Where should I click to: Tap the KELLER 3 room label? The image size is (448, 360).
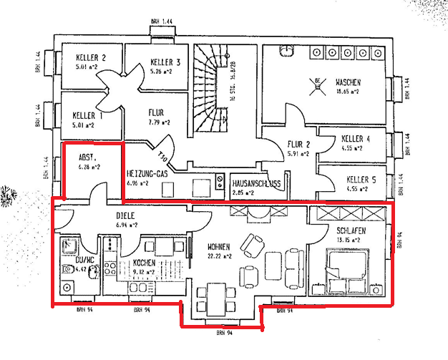coord(165,62)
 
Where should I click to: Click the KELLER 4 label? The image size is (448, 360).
coord(356,138)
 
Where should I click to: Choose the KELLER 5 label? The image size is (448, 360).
coord(356,179)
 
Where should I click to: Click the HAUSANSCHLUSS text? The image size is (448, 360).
coord(256,183)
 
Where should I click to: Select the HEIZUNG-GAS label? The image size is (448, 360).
coord(146,173)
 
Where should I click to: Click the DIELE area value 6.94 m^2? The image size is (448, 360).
coord(126,225)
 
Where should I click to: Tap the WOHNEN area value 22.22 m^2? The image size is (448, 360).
coord(220,255)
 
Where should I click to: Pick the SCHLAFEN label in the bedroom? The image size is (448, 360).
coord(351,230)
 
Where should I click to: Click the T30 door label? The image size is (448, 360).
coord(163,152)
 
